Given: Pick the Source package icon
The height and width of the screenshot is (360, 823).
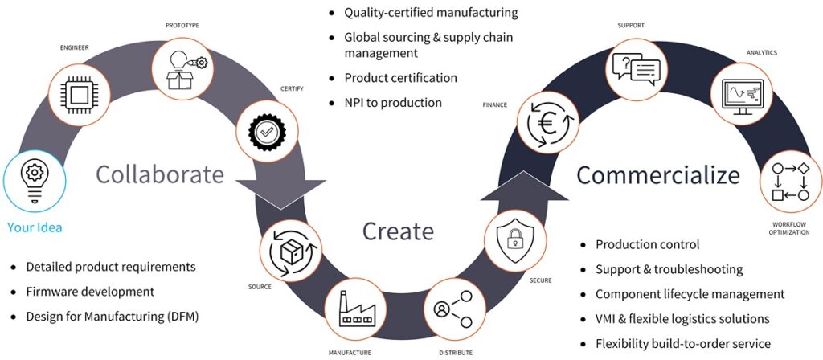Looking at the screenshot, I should (x=290, y=252).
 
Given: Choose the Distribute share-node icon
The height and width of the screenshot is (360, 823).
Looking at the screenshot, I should (x=452, y=309).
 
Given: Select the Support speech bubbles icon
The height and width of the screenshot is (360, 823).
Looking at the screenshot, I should (x=636, y=69).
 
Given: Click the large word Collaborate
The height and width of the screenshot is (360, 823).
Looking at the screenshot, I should (x=160, y=174).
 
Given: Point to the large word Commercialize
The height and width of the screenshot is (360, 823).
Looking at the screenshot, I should (x=658, y=174).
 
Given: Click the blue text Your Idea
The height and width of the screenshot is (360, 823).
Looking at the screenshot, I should (x=35, y=227).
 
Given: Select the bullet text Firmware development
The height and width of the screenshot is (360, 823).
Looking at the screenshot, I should (x=90, y=292).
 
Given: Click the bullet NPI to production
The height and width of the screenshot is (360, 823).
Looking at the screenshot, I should (x=393, y=102).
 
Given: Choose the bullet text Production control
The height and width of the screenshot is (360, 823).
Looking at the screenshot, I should (x=647, y=244).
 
